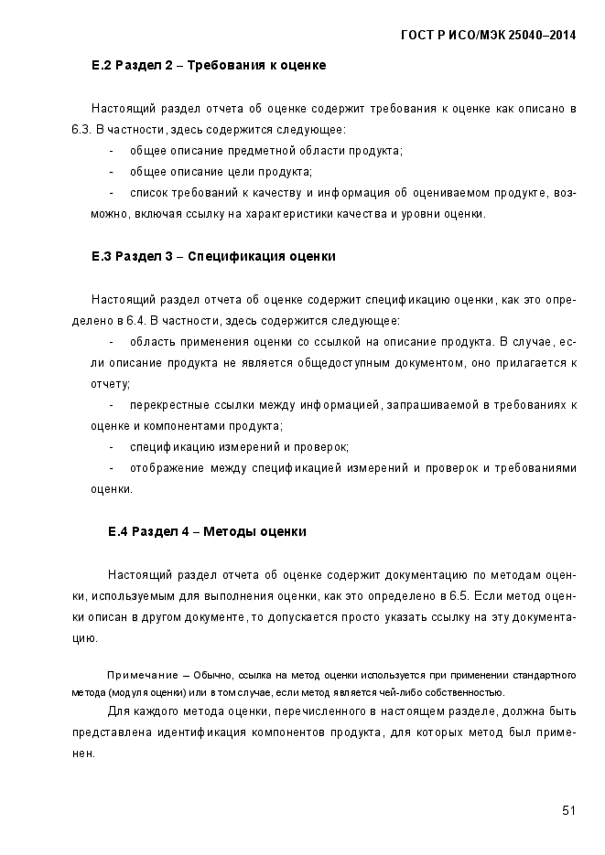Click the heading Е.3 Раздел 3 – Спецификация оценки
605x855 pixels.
click(213, 257)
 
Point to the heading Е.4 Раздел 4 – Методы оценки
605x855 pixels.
click(207, 531)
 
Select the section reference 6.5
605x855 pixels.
click(459, 596)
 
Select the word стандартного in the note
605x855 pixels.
click(546, 676)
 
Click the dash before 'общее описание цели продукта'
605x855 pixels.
click(112, 171)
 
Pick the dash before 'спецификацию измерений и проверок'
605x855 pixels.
click(112, 447)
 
